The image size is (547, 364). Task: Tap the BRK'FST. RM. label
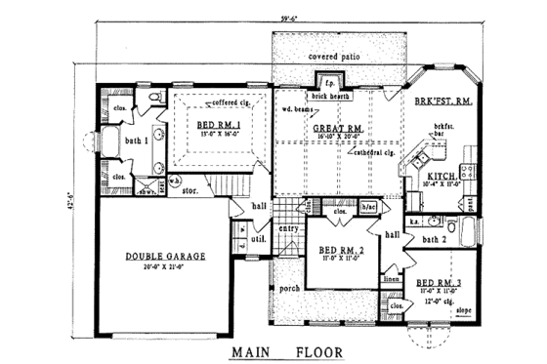pos(444,101)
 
